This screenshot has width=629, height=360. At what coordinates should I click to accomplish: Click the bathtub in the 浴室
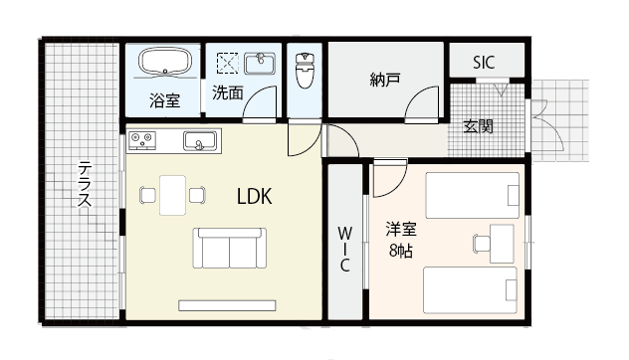163,65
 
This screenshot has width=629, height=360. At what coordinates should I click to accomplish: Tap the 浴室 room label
164,99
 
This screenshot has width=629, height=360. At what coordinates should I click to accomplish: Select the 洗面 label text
226,93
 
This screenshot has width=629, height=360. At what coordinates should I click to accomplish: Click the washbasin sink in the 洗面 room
259,64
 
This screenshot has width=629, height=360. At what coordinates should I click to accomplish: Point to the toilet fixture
305,71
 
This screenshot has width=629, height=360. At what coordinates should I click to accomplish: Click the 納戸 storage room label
384,80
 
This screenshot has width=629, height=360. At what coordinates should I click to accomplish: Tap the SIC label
485,61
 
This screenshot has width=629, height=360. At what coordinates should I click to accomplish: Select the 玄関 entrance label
479,126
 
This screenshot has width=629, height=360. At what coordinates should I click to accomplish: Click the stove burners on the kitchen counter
140,141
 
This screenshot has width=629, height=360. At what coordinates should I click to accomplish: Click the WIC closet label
344,250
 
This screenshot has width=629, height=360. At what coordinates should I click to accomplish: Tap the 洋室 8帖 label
401,238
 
